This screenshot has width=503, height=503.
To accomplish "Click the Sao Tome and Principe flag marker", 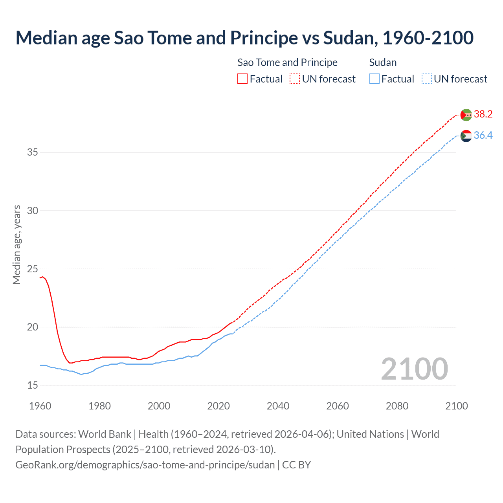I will [466, 115].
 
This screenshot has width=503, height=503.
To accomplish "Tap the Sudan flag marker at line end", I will [466, 136].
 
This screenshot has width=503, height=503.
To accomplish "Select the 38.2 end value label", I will [483, 114].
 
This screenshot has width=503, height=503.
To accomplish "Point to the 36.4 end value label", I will [483, 136].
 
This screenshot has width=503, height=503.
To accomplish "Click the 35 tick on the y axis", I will [33, 152].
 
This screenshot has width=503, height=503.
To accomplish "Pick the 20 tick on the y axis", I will [33, 327].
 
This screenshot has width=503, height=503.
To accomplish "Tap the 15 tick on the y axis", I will [33, 385].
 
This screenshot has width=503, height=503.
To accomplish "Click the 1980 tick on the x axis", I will [99, 406].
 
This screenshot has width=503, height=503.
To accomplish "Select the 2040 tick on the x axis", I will [278, 406].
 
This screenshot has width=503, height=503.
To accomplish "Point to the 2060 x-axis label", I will [338, 406].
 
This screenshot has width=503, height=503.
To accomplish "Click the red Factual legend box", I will [242, 79].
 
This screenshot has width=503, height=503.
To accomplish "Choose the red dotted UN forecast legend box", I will [295, 79].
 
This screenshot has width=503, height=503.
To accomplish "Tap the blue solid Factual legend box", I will [374, 79].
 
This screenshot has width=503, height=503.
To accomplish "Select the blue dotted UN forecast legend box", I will [427, 79].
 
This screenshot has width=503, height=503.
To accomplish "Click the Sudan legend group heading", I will [383, 62].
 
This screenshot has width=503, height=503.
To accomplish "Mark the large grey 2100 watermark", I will [414, 369].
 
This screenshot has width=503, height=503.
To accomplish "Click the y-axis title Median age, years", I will [17, 244].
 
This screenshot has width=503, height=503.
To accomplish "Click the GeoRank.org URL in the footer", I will [145, 464].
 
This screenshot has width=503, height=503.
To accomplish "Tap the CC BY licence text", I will [297, 464].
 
